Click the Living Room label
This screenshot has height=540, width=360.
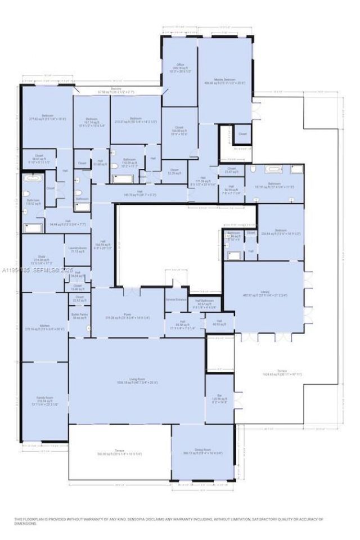tap(137, 381)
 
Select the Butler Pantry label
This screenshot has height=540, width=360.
tap(79, 316)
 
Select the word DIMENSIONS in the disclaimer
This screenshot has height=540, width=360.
tap(26, 524)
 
